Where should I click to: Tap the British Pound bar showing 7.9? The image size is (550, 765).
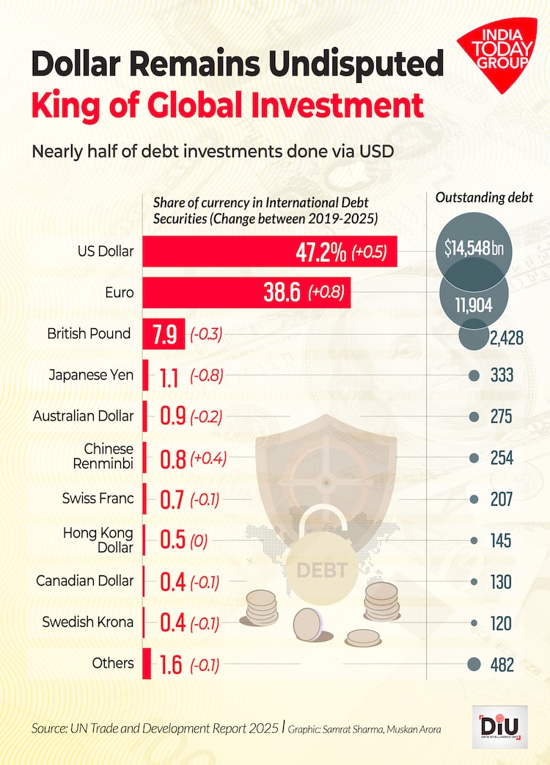[165, 334]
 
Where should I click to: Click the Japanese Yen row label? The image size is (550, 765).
[91, 375]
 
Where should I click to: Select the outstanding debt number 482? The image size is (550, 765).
[502, 665]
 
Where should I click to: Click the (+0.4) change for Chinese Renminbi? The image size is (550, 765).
[208, 459]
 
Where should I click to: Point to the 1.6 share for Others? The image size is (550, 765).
[172, 665]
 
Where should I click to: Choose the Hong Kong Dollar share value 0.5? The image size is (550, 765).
[172, 541]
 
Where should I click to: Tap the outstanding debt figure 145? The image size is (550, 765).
[501, 541]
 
